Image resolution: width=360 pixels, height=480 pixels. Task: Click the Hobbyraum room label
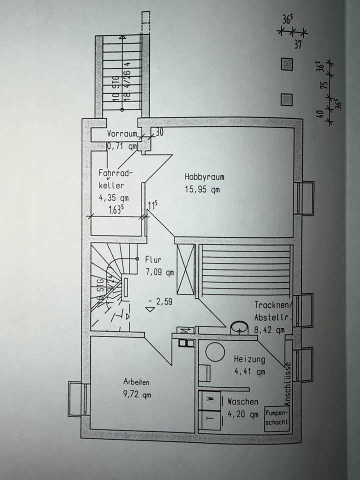[204, 176]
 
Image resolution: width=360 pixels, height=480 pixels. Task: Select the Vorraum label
[121, 134]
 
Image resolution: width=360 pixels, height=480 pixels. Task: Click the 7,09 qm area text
[159, 272]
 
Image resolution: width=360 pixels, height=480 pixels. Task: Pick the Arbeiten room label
[136, 382]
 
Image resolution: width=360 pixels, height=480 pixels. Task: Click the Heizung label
[249, 359]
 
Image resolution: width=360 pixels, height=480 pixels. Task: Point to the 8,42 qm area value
[269, 329]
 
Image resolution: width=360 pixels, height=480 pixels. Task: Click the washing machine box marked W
[210, 399]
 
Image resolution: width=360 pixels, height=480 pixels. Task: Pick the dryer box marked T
[210, 418]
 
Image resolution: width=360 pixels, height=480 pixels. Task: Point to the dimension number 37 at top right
[297, 44]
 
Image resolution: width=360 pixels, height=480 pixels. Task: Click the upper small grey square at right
[286, 65]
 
